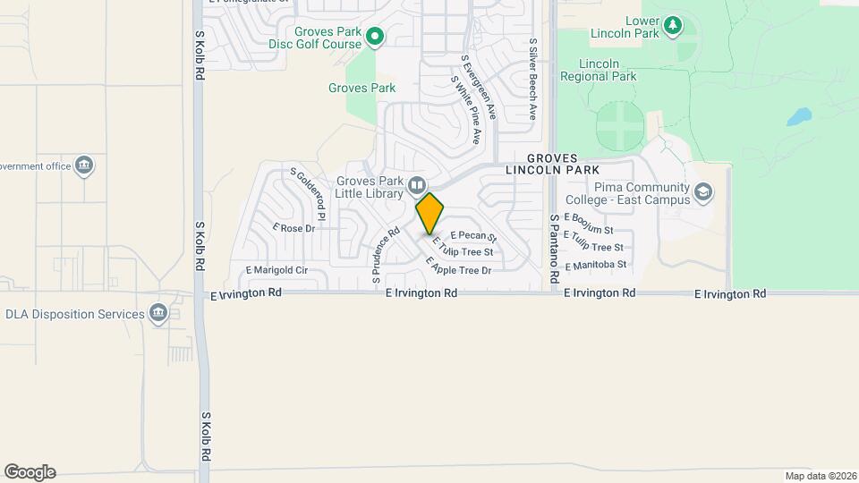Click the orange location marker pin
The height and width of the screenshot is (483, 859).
tap(430, 214)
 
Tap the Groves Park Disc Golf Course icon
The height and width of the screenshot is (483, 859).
tap(376, 37)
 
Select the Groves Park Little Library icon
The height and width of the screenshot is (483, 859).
tap(416, 186)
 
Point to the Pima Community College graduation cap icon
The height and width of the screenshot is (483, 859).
tap(704, 192)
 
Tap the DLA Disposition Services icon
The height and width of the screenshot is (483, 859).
tap(158, 314)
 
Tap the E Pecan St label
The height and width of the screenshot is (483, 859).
tap(473, 236)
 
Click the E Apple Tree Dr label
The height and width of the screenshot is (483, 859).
tap(459, 267)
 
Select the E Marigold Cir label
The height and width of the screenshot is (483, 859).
tap(276, 270)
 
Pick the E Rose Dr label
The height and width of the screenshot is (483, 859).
tap(298, 228)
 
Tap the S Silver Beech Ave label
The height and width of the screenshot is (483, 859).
tap(532, 79)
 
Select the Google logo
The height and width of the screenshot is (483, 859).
tap(30, 472)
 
